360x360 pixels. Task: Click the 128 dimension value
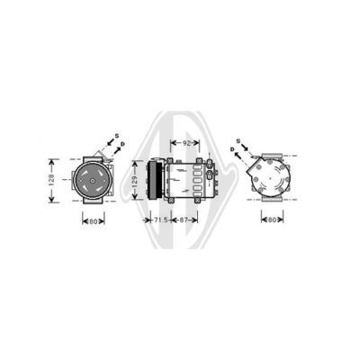pyautogui.click(x=51, y=179)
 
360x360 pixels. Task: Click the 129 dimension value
pyautogui.click(x=135, y=180)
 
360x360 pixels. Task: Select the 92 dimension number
pyautogui.click(x=186, y=143)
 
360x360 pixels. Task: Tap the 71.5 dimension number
pyautogui.click(x=160, y=220)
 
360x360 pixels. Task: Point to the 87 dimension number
pyautogui.click(x=184, y=220)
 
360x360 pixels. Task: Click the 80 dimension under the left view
pyautogui.click(x=94, y=221)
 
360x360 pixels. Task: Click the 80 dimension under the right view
pyautogui.click(x=272, y=220)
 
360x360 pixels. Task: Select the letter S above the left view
pyautogui.click(x=117, y=136)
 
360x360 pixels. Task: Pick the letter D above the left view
pyautogui.click(x=122, y=144)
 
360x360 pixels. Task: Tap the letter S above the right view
pyautogui.click(x=238, y=140)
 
